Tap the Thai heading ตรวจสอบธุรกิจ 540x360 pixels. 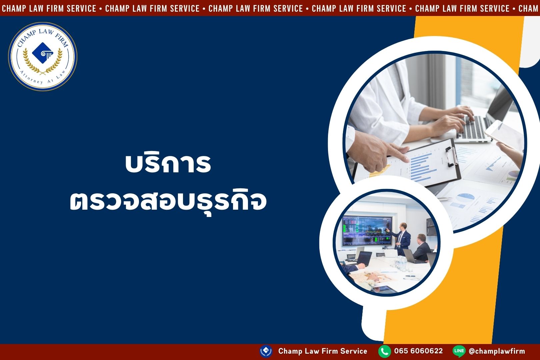coord(168,202)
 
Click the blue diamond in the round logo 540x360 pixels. coord(43,53)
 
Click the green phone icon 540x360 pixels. coord(384,351)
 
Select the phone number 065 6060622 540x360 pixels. coord(419,351)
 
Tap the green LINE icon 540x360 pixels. coord(459,351)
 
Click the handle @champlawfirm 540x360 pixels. coord(497,351)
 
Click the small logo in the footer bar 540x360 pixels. coord(266,351)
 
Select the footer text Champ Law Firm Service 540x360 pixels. coord(323,351)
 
